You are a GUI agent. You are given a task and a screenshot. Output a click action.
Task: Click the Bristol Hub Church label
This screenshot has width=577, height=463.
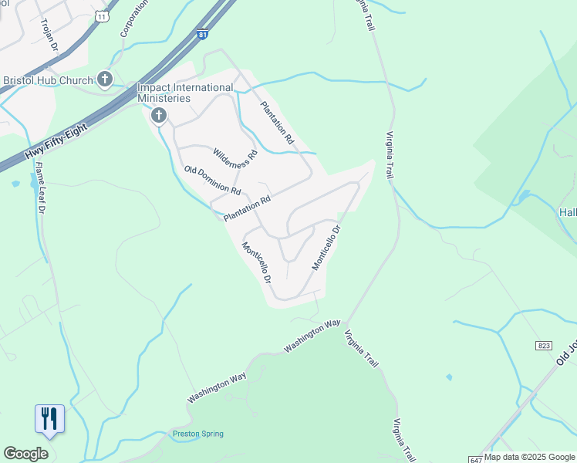click(48, 79)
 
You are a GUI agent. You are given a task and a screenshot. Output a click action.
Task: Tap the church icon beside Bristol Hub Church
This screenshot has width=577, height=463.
click(106, 79)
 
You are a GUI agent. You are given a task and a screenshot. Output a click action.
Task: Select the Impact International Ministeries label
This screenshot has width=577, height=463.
click(174, 93)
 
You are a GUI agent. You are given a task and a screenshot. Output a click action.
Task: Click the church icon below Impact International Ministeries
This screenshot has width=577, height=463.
click(159, 117)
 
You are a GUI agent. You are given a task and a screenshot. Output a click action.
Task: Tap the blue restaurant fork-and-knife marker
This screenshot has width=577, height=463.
click(49, 419)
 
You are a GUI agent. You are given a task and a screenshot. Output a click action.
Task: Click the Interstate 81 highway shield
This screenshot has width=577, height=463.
click(202, 35)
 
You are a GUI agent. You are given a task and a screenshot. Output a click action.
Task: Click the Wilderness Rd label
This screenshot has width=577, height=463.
click(234, 158)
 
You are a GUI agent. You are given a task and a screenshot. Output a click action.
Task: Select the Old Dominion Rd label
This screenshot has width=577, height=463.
click(213, 181)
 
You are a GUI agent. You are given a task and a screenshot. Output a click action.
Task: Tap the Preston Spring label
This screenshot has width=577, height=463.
click(198, 434)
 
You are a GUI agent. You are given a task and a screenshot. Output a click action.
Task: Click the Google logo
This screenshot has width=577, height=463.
click(25, 454)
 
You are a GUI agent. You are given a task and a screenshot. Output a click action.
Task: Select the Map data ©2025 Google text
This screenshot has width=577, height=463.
click(529, 458)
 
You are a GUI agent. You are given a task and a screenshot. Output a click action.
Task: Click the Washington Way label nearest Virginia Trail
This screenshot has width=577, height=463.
click(312, 336)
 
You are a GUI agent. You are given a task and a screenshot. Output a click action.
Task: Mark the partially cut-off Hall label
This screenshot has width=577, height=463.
click(567, 211)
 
